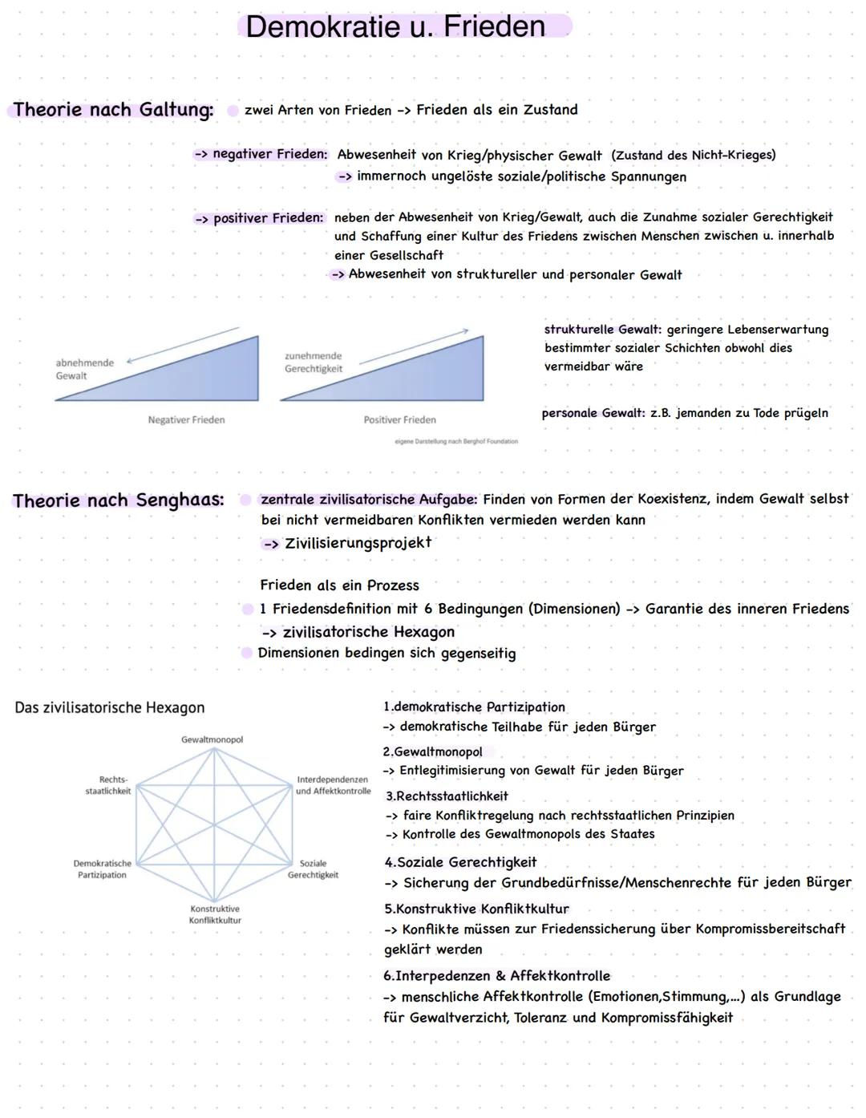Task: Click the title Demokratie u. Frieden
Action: [x=395, y=26]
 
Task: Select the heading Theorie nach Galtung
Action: [x=113, y=109]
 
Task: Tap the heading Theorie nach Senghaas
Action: [x=118, y=500]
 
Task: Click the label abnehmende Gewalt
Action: [x=84, y=369]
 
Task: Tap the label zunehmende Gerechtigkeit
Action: [x=313, y=363]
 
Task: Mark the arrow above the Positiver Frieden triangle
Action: [x=414, y=346]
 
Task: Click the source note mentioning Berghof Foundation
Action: [x=456, y=441]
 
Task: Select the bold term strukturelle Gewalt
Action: [x=602, y=330]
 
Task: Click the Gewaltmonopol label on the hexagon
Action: [x=212, y=739]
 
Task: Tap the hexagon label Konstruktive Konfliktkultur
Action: [x=215, y=914]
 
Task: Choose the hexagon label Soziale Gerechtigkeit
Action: [x=313, y=869]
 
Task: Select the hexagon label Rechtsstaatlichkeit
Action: [x=108, y=785]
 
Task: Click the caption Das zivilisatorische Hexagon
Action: [x=110, y=707]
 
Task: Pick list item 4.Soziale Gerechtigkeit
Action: [x=460, y=862]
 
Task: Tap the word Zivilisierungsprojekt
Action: [x=358, y=543]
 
